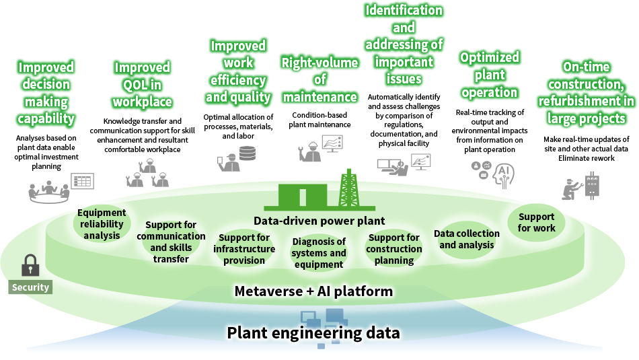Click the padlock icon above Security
point(30,265)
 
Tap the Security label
point(30,287)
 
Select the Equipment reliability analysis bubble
point(102,224)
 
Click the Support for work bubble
point(536,223)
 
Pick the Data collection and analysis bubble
point(466,240)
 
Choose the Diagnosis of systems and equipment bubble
point(318,253)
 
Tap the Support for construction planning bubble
point(394,249)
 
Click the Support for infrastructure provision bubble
point(243,249)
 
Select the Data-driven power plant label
point(319,221)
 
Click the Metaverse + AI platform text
point(313,291)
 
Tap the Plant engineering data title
point(313,333)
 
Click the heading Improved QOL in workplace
point(142,85)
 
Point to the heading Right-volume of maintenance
point(319,80)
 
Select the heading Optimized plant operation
point(489,75)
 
